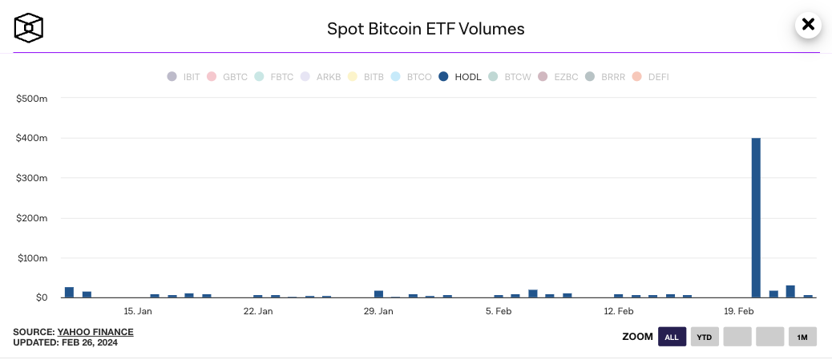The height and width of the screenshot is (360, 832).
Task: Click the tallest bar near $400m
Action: tap(756, 217)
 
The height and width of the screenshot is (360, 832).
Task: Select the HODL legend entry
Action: tap(461, 77)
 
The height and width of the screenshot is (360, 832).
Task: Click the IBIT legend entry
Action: tap(184, 77)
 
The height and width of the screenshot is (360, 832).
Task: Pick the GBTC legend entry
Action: tap(228, 77)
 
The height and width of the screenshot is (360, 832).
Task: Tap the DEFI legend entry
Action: tap(651, 77)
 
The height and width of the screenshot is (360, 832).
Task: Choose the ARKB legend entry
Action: tap(321, 77)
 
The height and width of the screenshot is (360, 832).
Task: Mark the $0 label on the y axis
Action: tap(40, 297)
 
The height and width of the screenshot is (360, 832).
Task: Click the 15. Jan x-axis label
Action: tap(138, 311)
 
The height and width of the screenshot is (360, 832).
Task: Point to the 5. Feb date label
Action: tap(499, 311)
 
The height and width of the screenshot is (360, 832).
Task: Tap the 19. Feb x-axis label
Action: tap(739, 311)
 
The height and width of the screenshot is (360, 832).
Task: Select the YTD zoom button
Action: tap(705, 337)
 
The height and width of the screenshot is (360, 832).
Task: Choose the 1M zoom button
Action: tap(802, 337)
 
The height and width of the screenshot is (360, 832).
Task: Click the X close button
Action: tap(808, 25)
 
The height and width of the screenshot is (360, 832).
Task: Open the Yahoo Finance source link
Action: tap(95, 332)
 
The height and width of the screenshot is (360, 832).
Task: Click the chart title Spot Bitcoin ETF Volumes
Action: tap(426, 29)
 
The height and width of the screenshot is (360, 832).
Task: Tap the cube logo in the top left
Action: tap(29, 28)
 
